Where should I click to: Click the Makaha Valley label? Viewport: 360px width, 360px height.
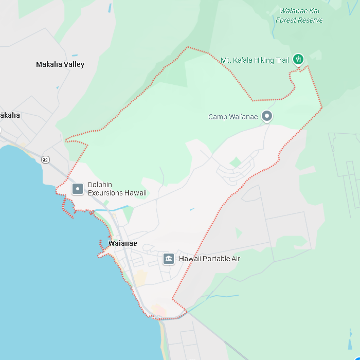pyautogui.click(x=60, y=65)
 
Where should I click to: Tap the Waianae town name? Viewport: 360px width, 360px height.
pyautogui.click(x=123, y=243)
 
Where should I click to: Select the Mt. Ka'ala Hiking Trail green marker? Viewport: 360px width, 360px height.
pyautogui.click(x=298, y=59)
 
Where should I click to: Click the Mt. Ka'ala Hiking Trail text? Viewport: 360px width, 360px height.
pyautogui.click(x=255, y=61)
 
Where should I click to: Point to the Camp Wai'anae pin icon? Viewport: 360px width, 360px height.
pyautogui.click(x=266, y=116)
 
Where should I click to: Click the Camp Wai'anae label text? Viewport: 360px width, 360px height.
pyautogui.click(x=233, y=117)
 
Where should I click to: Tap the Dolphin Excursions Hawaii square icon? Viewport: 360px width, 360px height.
pyautogui.click(x=78, y=189)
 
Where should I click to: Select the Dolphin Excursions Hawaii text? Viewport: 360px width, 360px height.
pyautogui.click(x=117, y=189)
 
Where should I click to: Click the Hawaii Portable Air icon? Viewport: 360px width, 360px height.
pyautogui.click(x=168, y=259)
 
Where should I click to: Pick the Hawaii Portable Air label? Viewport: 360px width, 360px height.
pyautogui.click(x=209, y=259)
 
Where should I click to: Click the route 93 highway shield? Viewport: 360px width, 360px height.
pyautogui.click(x=45, y=160)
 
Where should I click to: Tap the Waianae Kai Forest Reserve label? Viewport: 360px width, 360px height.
pyautogui.click(x=299, y=15)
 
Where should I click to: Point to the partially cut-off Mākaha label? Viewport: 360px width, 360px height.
pyautogui.click(x=10, y=115)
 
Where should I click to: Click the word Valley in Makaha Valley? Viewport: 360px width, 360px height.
pyautogui.click(x=74, y=65)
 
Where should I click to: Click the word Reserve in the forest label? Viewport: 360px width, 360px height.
pyautogui.click(x=311, y=21)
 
